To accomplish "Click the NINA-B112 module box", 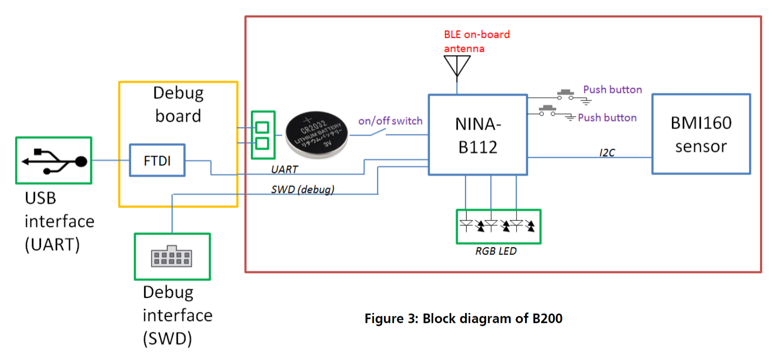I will pyautogui.click(x=477, y=134).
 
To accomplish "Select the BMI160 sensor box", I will pyautogui.click(x=701, y=134).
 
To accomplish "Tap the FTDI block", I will pyautogui.click(x=157, y=160).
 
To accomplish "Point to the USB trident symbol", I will pyautogui.click(x=54, y=160).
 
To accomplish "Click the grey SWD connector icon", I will pyautogui.click(x=172, y=256).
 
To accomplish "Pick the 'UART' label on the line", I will pyautogui.click(x=284, y=170).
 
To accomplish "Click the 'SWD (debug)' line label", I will pyautogui.click(x=302, y=189).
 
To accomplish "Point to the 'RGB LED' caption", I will pyautogui.click(x=496, y=251).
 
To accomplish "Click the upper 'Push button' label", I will pyautogui.click(x=612, y=90).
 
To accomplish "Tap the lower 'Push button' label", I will pyautogui.click(x=607, y=118).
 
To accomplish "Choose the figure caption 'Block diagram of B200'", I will pyautogui.click(x=463, y=318).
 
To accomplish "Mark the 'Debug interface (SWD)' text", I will pyautogui.click(x=177, y=315).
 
